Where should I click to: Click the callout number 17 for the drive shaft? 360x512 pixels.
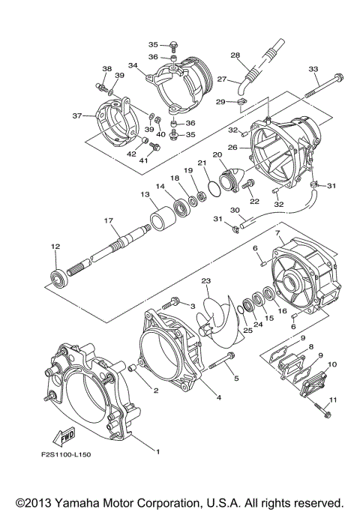pyautogui.click(x=109, y=221)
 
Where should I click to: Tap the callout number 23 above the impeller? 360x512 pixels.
pyautogui.click(x=205, y=281)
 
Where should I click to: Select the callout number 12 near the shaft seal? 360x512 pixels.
pyautogui.click(x=55, y=247)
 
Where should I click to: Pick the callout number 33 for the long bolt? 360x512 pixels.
pyautogui.click(x=313, y=69)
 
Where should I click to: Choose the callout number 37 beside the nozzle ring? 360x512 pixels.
pyautogui.click(x=76, y=116)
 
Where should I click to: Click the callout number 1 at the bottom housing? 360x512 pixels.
pyautogui.click(x=158, y=451)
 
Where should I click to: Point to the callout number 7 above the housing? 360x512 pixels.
pyautogui.click(x=277, y=234)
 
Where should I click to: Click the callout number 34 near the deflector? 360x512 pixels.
pyautogui.click(x=133, y=65)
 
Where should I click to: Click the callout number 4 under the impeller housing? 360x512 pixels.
pyautogui.click(x=218, y=398)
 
